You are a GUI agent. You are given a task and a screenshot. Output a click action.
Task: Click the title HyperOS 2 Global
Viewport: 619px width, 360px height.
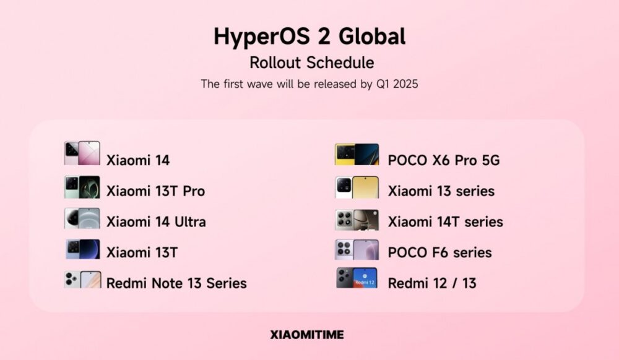tap(309, 36)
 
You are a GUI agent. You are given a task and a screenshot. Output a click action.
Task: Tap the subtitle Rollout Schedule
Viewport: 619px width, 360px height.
tap(311, 62)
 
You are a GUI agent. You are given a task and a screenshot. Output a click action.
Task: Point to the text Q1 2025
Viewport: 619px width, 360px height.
tap(396, 84)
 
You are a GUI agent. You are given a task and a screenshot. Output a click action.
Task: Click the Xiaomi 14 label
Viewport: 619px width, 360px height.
tap(138, 160)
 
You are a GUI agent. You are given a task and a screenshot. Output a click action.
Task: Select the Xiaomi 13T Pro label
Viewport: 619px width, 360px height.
tap(155, 191)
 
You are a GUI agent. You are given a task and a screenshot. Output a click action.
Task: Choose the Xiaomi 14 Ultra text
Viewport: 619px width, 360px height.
tap(156, 221)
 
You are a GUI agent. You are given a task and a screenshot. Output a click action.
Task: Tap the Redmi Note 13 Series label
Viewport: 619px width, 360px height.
tap(176, 283)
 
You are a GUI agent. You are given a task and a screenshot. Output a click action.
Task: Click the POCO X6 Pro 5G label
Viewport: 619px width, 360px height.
tap(443, 160)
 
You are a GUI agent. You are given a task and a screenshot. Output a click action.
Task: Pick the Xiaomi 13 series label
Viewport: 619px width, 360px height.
tap(441, 191)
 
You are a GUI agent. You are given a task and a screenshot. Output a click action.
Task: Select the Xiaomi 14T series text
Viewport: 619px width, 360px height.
tap(445, 221)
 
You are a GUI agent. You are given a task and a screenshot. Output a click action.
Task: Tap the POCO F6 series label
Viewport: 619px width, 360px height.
tap(439, 252)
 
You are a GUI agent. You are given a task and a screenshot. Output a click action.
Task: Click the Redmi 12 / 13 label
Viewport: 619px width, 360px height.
tap(431, 283)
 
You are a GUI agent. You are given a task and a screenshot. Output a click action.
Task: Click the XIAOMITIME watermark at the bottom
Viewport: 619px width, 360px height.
tap(307, 335)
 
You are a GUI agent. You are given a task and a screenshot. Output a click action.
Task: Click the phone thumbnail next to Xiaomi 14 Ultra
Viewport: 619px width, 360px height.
tap(82, 218)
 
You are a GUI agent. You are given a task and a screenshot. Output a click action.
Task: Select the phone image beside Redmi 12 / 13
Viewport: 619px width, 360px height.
tap(357, 278)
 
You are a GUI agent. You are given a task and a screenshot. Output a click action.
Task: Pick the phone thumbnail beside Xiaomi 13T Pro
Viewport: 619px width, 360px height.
tap(82, 187)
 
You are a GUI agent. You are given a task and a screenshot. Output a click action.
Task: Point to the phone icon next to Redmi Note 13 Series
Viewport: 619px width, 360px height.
tap(82, 280)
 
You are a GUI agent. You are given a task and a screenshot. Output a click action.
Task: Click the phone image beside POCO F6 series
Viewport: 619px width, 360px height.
tap(357, 249)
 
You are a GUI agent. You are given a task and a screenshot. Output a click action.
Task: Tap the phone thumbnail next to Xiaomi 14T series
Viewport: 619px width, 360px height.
tap(357, 220)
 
